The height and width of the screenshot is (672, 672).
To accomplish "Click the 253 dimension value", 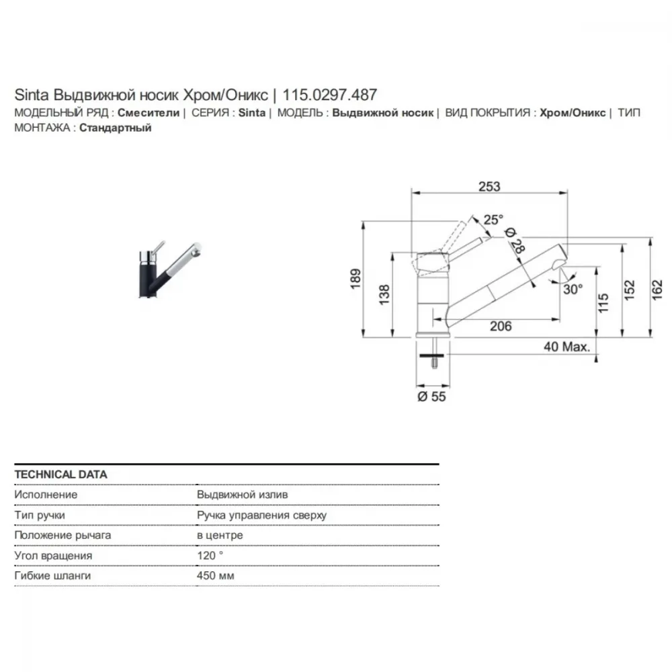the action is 489,186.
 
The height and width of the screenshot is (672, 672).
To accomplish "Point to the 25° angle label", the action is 493,220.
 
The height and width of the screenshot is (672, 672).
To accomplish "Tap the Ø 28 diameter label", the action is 515,240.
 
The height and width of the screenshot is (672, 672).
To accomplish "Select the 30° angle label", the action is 573,289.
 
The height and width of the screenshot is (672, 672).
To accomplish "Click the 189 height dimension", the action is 355,279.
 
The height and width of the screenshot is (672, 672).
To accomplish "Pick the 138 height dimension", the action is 384,294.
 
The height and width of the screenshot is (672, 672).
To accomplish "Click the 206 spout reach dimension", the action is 501,326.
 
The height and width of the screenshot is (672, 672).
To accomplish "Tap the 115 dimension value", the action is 603,303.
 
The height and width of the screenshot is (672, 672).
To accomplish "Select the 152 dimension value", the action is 629,290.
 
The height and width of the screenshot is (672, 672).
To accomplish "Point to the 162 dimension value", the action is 657,290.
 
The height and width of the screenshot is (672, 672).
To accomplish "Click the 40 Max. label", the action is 566,347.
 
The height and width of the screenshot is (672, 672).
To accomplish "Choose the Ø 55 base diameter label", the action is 431,396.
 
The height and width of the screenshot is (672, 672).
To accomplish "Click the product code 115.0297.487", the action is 329,95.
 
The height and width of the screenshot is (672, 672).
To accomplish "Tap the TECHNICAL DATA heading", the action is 61,474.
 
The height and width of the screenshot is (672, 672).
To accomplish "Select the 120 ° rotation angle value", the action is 210,556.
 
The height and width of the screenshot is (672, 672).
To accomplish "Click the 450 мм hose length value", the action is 216,576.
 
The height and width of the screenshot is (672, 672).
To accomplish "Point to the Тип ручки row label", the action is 40,515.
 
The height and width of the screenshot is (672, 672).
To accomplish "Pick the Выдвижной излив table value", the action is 243,495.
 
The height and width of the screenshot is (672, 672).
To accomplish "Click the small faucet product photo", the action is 170,269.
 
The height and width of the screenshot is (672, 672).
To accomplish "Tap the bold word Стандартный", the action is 116,128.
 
